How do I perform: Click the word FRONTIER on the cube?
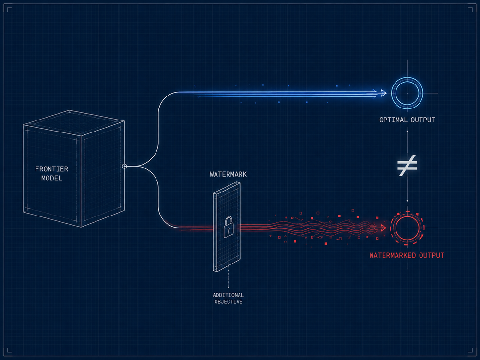(x=51, y=169)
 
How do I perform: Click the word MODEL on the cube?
(x=52, y=178)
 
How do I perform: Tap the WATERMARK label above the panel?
(x=228, y=174)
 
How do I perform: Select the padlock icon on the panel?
(x=228, y=227)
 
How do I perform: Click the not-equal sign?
(x=407, y=165)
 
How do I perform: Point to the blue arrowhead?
(x=384, y=93)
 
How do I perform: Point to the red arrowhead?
(x=383, y=228)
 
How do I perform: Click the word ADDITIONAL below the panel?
(x=228, y=295)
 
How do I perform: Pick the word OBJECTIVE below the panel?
(x=228, y=302)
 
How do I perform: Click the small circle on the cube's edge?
(x=124, y=166)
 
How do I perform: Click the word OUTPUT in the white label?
(x=423, y=120)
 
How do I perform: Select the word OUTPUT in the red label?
(x=432, y=256)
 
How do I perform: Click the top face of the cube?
(x=74, y=122)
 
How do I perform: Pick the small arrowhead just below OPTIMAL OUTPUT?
(x=407, y=131)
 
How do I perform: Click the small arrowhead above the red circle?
(x=407, y=201)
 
